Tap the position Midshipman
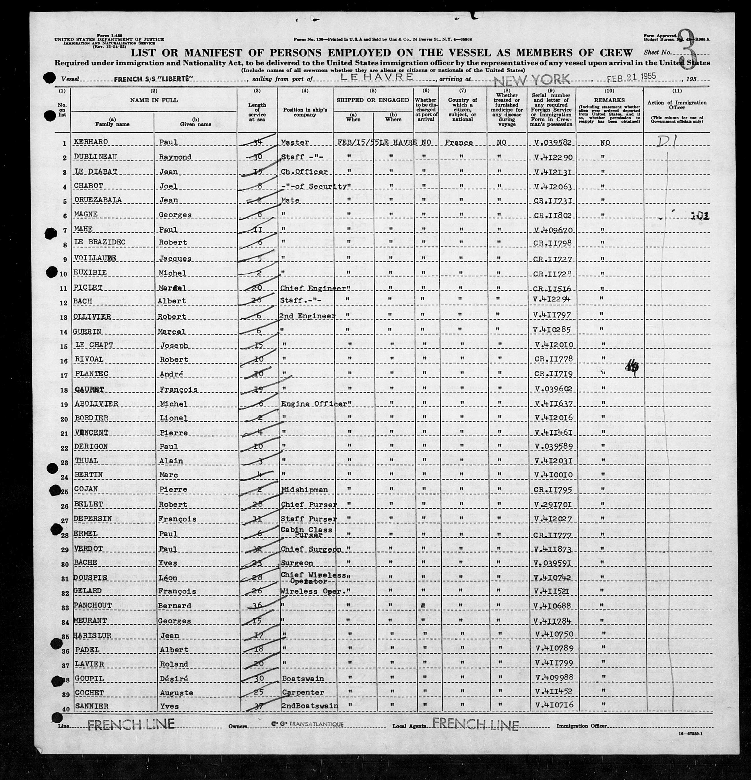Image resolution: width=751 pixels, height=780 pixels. pos(304,490)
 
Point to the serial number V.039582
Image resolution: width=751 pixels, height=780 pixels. pos(554,142)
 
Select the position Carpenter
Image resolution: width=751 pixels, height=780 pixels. pos(303,692)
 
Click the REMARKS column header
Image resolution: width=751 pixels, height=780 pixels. pos(610,100)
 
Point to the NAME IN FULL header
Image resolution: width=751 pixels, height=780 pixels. pos(154,100)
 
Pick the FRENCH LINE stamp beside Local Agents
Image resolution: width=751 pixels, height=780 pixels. pos(475,724)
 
